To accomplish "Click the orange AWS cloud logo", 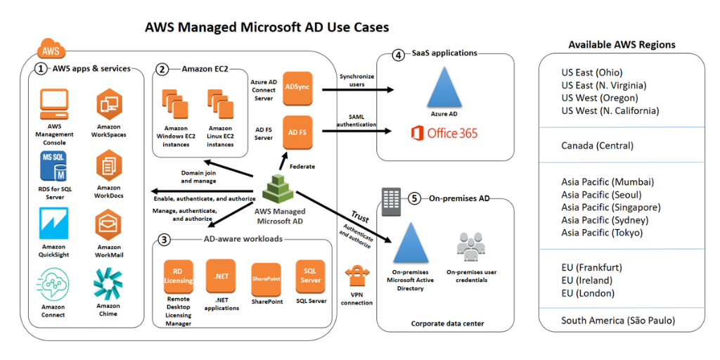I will point(51,50).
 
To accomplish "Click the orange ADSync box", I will point(297,87).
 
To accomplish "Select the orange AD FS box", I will point(297,131).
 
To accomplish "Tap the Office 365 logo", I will point(444,133).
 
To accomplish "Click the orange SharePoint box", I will point(266,278).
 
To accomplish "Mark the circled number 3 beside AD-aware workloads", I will point(164,239).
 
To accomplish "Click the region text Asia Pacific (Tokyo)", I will point(602,233).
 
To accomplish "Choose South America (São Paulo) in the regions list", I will point(617,321).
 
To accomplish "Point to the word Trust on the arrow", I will point(360,216).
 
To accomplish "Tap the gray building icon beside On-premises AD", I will point(391,201).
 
